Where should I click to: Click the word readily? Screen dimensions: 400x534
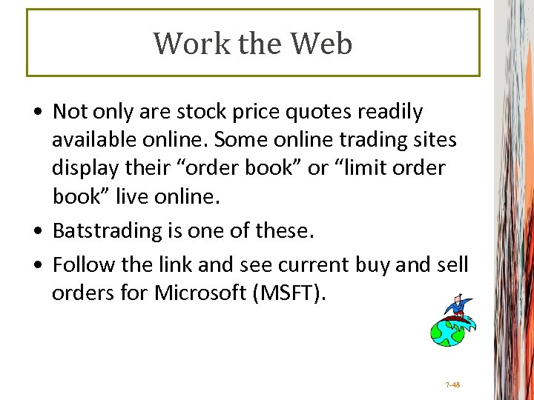click(x=393, y=112)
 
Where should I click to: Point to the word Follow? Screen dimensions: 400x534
click(x=82, y=264)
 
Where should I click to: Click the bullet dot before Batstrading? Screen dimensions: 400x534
click(x=38, y=232)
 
